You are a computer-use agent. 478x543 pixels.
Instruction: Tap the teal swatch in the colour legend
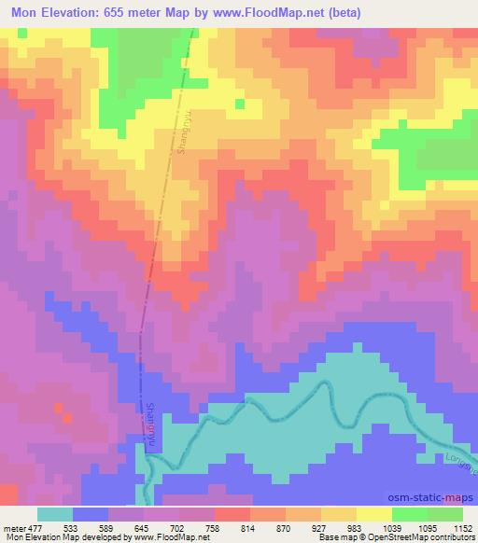55,514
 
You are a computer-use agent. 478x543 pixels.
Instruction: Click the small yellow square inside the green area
240,104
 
